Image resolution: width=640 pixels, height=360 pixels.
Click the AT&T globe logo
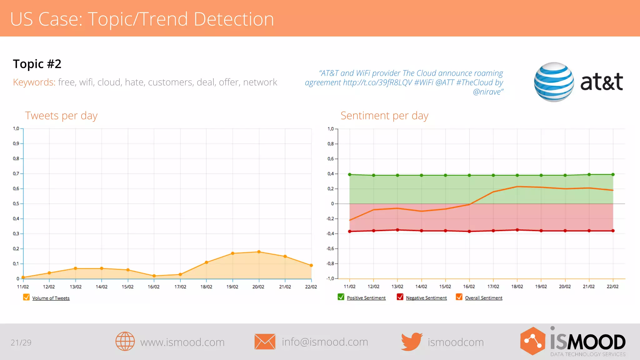pyautogui.click(x=554, y=82)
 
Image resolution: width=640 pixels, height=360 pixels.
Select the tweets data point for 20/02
pyautogui.click(x=259, y=252)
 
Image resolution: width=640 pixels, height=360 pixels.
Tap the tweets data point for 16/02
pyautogui.click(x=154, y=276)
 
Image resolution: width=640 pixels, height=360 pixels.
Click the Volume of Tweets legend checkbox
pyautogui.click(x=26, y=297)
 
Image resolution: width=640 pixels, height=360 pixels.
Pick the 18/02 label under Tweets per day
pyautogui.click(x=206, y=287)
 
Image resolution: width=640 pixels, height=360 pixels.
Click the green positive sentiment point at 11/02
pyautogui.click(x=350, y=174)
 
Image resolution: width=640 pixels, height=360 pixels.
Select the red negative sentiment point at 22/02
pyautogui.click(x=613, y=231)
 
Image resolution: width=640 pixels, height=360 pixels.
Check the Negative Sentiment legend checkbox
pyautogui.click(x=400, y=297)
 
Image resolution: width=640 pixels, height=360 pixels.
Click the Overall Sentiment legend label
pyautogui.click(x=483, y=298)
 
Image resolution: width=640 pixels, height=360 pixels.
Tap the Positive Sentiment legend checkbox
pyautogui.click(x=341, y=297)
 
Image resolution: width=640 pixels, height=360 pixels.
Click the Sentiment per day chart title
pyautogui.click(x=384, y=116)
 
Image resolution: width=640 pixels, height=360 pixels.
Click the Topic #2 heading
pyautogui.click(x=37, y=64)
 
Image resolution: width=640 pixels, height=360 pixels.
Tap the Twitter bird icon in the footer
pyautogui.click(x=412, y=342)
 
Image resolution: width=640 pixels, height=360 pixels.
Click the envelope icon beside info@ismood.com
pyautogui.click(x=265, y=342)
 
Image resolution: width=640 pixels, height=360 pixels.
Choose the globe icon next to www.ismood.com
pyautogui.click(x=125, y=342)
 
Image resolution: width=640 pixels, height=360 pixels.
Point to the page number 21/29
pyautogui.click(x=21, y=342)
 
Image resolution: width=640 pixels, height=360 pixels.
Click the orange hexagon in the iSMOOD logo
pyautogui.click(x=533, y=341)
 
